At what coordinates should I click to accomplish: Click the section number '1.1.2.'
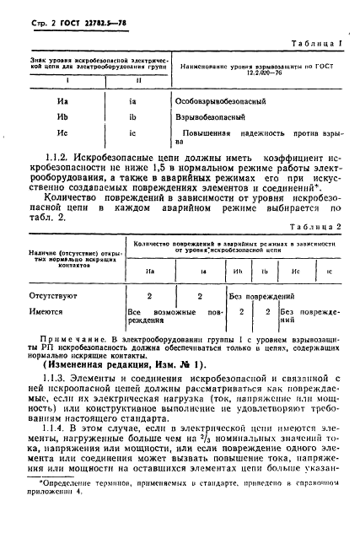pos(48,157)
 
